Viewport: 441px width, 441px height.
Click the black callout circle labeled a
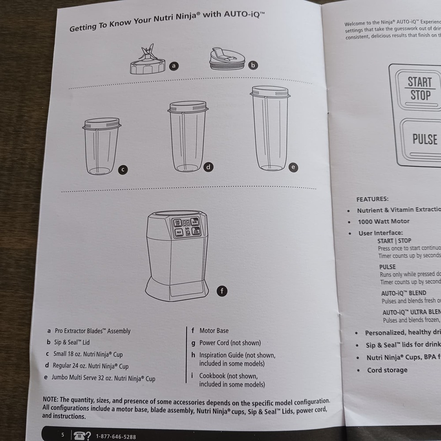coord(174,66)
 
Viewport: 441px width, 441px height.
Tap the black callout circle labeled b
coord(253,65)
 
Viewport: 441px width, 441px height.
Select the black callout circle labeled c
coord(123,169)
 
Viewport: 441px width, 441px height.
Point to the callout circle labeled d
coord(208,167)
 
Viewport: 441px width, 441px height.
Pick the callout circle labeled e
coord(293,167)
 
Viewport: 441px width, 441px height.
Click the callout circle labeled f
coord(222,291)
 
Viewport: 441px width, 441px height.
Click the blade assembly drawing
coord(147,61)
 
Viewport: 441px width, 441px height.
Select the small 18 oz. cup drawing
coord(101,146)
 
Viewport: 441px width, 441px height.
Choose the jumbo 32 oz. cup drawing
coord(270,128)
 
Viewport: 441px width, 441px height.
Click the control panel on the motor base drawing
coord(186,227)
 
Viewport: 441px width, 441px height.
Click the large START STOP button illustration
coord(420,88)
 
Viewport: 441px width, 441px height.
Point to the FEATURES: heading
coord(372,199)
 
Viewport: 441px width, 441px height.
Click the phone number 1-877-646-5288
coord(116,437)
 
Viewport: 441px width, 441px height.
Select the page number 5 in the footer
coord(63,435)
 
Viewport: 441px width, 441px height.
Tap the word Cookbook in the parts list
coord(213,376)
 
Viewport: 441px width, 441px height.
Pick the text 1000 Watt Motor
coord(383,221)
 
